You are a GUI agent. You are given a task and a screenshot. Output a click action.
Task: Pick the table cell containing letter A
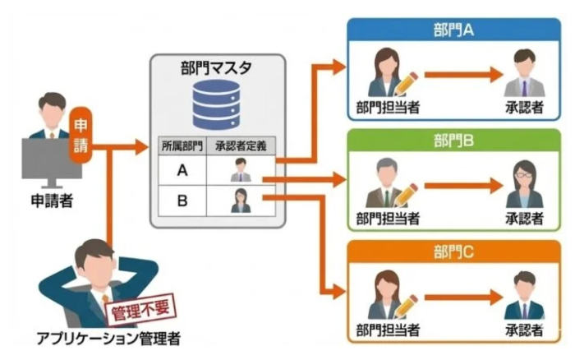coord(182,171)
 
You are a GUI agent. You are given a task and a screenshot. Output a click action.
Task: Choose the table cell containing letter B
coord(182,200)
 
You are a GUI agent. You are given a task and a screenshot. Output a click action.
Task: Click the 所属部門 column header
coord(182,147)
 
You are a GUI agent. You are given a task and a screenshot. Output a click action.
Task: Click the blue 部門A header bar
coord(454,31)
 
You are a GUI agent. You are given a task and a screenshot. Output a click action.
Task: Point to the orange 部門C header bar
coord(454,250)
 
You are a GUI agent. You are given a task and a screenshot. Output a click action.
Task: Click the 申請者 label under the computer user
coord(50,200)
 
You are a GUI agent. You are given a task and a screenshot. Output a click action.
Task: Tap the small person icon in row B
coord(241,200)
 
